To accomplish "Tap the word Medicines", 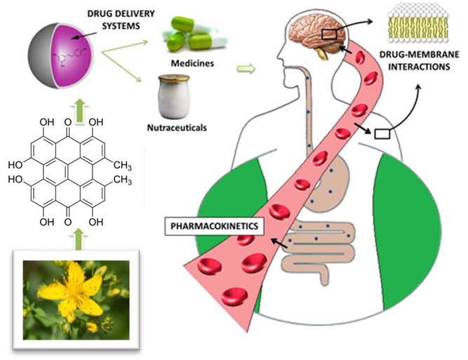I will [190, 63].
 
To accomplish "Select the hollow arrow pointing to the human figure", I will [246, 69].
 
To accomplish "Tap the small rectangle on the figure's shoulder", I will [382, 133].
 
